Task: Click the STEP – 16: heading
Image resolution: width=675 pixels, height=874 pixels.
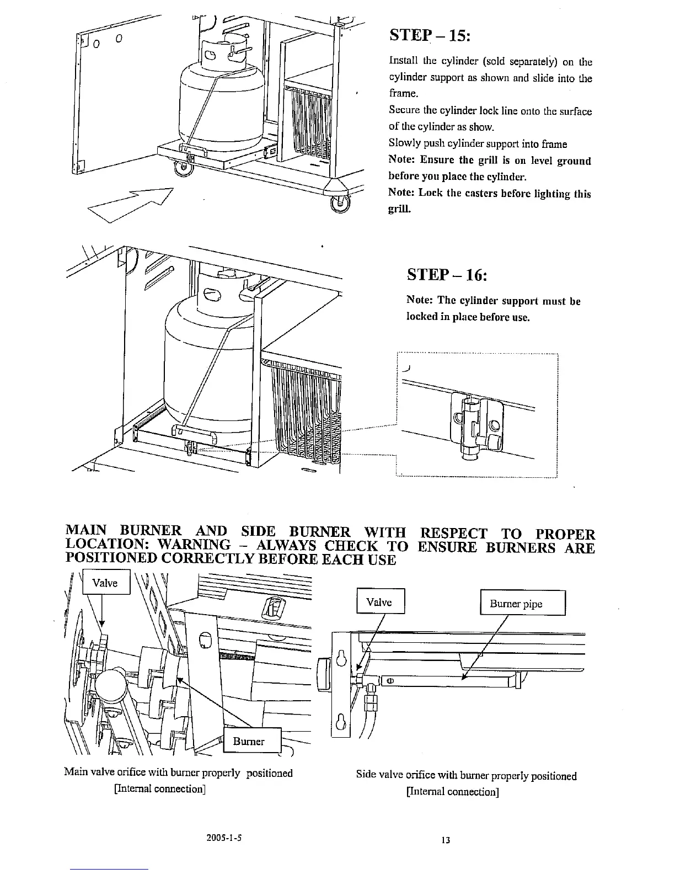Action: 447,274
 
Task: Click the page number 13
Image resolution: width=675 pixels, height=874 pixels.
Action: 446,840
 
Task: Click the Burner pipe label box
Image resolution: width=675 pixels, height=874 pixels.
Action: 523,603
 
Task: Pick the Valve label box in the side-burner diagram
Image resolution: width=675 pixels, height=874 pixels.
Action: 381,602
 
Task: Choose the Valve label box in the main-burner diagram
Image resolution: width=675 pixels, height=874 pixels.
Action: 106,583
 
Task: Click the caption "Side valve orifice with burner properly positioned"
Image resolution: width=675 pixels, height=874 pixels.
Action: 466,776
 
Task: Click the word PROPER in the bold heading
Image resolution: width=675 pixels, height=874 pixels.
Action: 566,534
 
